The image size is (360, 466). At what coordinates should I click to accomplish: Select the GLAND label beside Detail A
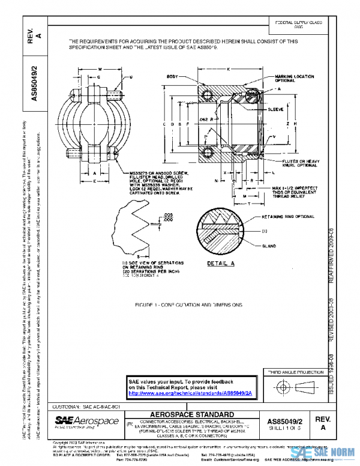click(268, 247)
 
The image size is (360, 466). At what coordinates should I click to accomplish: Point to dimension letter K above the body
click(228, 69)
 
